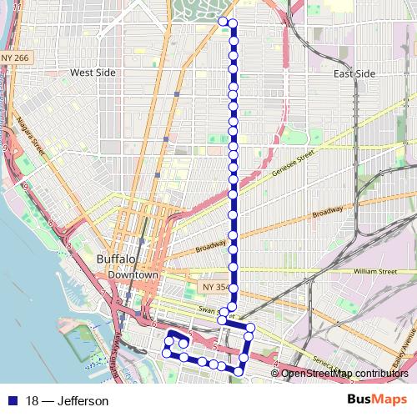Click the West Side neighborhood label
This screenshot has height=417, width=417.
[93, 73]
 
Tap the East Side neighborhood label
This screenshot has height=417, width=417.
[354, 73]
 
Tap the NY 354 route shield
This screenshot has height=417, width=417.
[214, 287]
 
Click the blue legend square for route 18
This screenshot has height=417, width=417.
[15, 401]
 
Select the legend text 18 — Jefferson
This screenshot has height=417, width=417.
[67, 401]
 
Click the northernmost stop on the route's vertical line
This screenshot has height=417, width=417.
[233, 23]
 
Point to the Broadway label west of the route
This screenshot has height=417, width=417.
[212, 247]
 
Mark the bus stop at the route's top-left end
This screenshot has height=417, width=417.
[222, 21]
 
